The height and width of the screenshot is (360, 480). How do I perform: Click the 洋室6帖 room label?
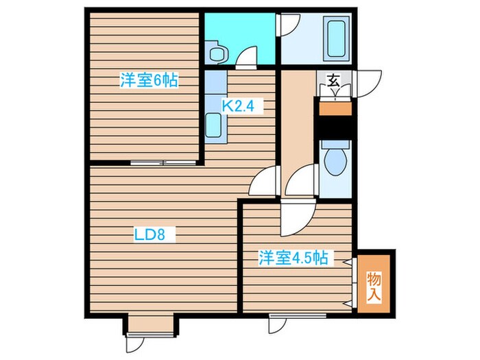pyautogui.click(x=149, y=81)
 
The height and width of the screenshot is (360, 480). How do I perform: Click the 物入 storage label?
pyautogui.click(x=374, y=285)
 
